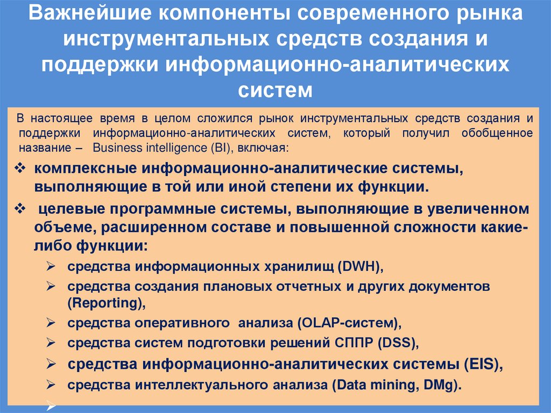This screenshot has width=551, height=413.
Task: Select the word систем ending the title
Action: pos(275,89)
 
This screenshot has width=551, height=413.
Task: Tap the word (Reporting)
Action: pos(106,304)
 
